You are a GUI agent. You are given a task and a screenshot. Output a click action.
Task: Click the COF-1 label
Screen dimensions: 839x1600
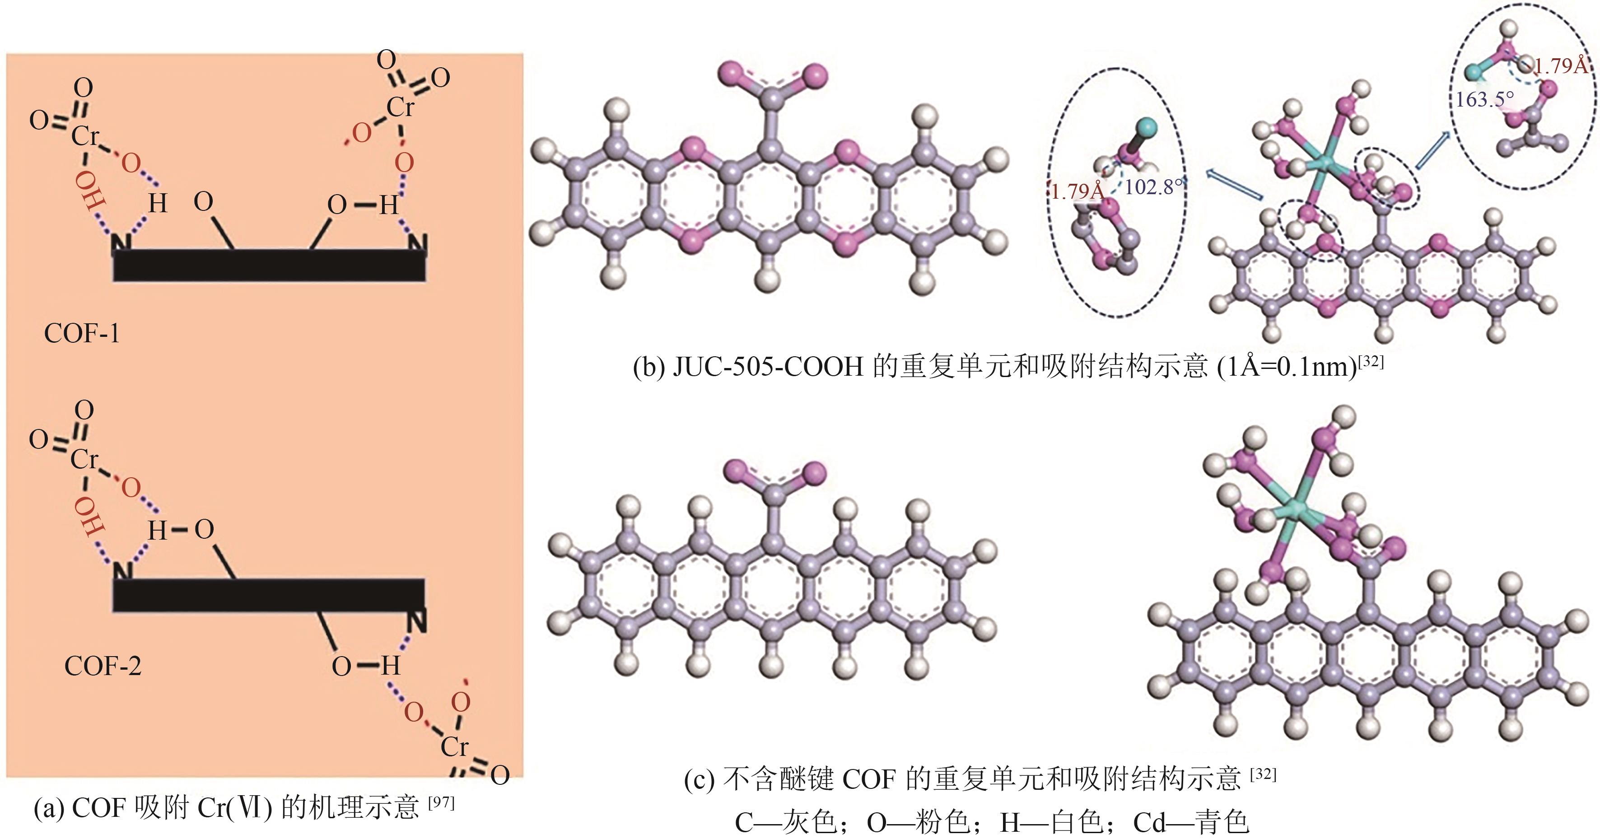(81, 334)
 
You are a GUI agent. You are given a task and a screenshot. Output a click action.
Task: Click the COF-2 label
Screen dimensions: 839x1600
(103, 667)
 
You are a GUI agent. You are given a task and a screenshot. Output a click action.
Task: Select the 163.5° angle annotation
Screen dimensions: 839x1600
(1484, 99)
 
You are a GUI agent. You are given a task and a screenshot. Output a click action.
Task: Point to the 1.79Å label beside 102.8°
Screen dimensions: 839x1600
(1077, 191)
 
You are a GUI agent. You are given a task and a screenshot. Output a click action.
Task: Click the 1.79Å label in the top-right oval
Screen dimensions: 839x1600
(1560, 66)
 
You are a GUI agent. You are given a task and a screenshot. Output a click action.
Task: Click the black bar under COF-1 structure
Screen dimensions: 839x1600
(269, 266)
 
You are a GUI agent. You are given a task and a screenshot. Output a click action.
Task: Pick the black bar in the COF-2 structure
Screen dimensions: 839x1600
(269, 595)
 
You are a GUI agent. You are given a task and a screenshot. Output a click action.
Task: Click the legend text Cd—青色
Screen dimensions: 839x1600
(1191, 823)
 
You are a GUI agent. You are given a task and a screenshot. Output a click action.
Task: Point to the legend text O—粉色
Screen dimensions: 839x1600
(918, 823)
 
